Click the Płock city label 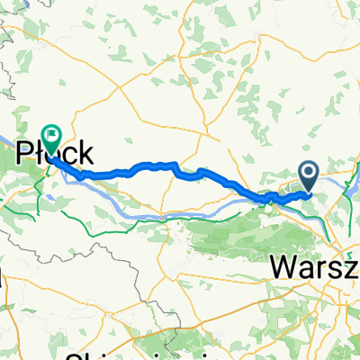click(x=55, y=150)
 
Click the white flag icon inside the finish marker click(x=50, y=135)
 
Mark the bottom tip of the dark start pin click(x=309, y=192)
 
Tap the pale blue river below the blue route click(x=180, y=214)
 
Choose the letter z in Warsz click(x=351, y=267)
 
